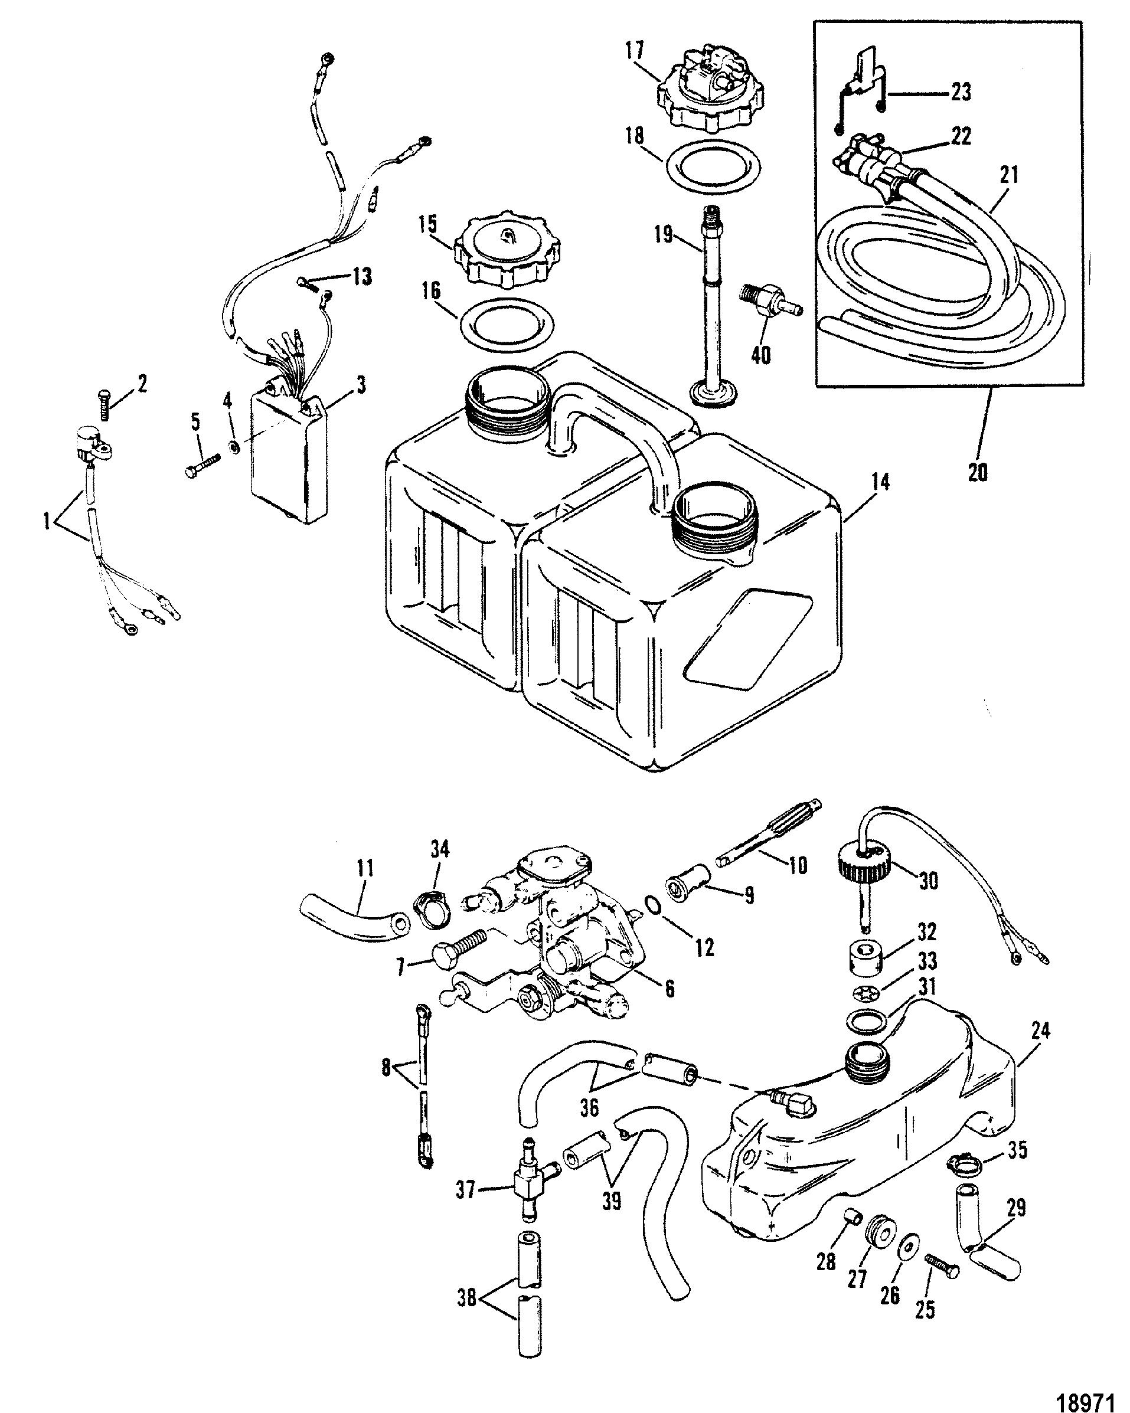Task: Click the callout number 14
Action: click(881, 483)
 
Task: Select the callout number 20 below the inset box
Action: click(977, 471)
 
